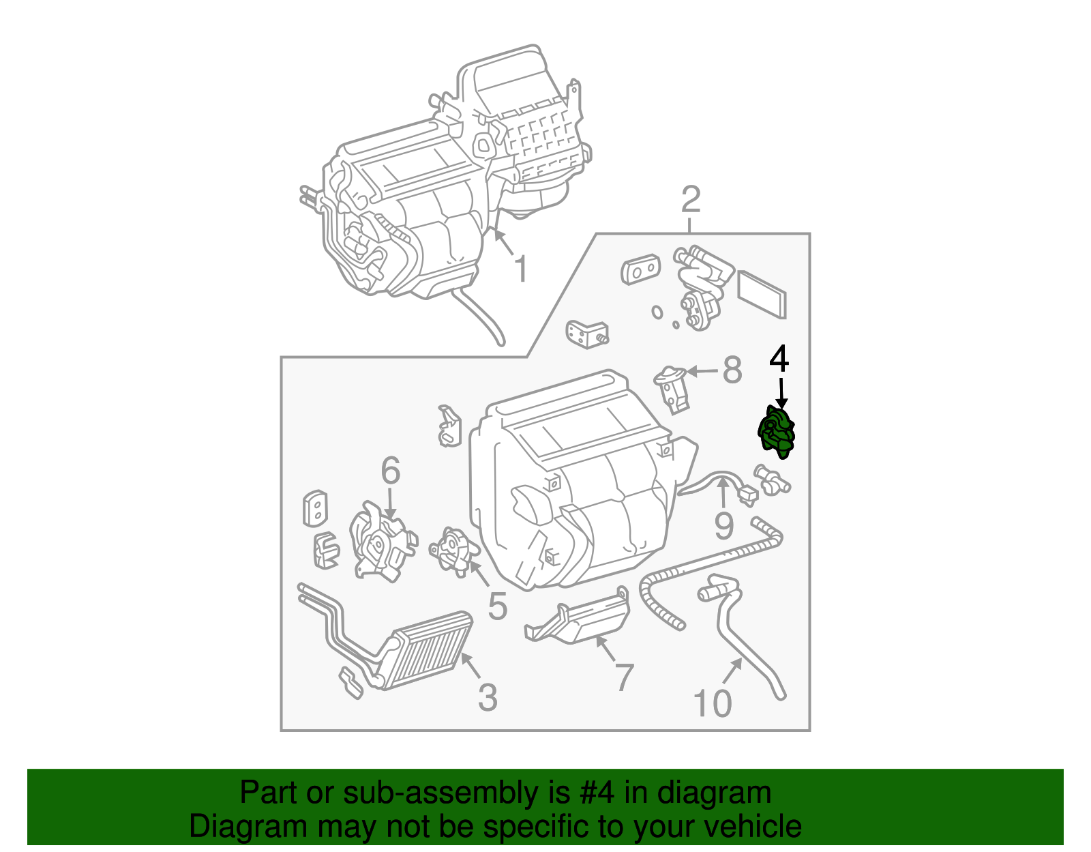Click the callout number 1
(520, 269)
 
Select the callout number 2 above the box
(691, 200)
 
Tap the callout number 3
(488, 697)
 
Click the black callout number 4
(779, 359)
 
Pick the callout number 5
(498, 605)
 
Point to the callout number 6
(390, 470)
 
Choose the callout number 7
(623, 677)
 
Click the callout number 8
(732, 370)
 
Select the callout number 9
(723, 526)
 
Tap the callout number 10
(713, 703)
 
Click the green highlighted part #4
(777, 432)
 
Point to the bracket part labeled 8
(674, 389)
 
